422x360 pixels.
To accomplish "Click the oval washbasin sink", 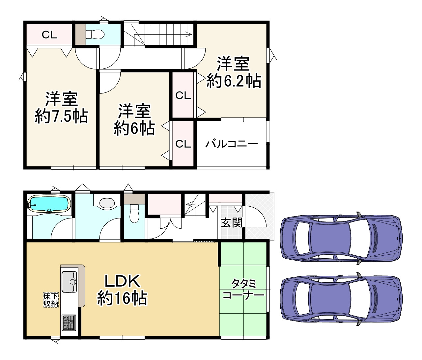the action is [x=107, y=203].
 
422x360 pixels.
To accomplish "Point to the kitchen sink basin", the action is [x=69, y=282].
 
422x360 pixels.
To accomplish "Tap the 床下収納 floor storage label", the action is [x=51, y=300].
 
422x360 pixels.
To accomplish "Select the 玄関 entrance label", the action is [x=232, y=222].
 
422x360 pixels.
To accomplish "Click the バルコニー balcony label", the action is [x=232, y=144].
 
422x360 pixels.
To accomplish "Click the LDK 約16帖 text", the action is [x=122, y=290].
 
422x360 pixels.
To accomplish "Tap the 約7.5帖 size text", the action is [x=62, y=116].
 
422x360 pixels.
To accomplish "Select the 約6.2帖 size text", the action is [x=234, y=81].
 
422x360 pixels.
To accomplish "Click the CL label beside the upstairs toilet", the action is [x=49, y=35].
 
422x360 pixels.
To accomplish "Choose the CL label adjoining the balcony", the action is [x=183, y=144].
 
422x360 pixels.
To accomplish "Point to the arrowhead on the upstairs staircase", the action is [x=188, y=35].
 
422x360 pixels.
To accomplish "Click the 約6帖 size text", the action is [x=134, y=128].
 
